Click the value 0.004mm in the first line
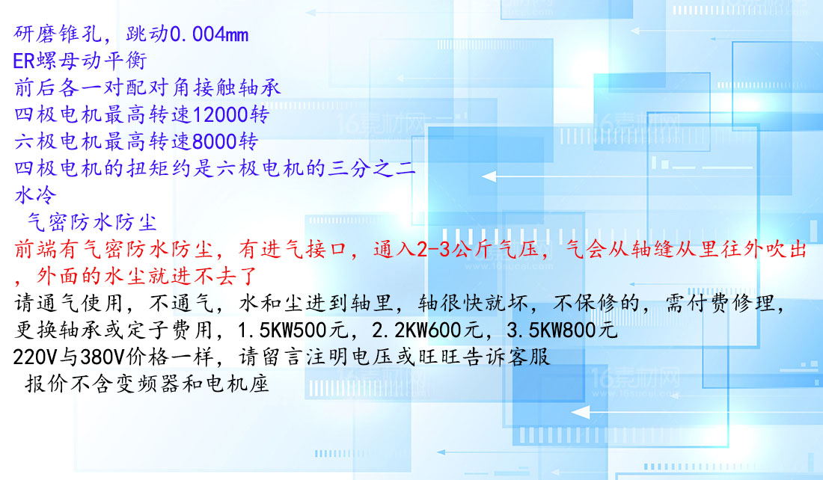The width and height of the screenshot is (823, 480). pos(209,34)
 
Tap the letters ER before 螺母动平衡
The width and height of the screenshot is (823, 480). pos(24,61)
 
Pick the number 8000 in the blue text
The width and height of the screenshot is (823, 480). pos(214,141)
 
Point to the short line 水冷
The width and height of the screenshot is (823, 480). pos(35,195)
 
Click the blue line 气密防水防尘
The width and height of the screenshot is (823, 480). pos(92,222)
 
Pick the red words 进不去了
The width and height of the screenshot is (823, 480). pos(215,276)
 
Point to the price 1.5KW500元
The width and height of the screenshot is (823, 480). pos(293,330)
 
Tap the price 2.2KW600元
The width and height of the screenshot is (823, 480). pos(427,330)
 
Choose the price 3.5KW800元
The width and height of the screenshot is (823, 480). pos(562,330)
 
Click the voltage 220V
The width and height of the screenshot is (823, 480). pos(35,357)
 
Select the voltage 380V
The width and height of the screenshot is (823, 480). pos(103,357)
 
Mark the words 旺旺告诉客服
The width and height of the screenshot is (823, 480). pos(485,357)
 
